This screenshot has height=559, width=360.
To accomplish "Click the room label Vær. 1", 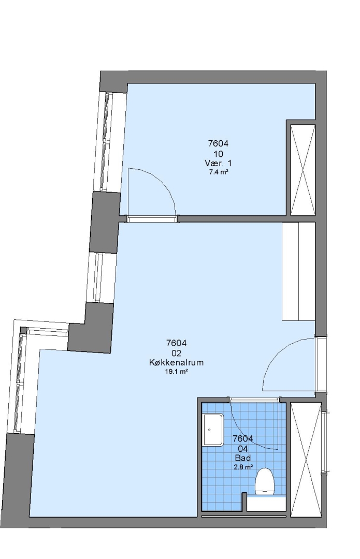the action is coord(218,163).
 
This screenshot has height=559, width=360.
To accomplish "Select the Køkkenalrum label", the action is coord(176,362).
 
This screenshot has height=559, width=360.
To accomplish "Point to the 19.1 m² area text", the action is coord(176,372).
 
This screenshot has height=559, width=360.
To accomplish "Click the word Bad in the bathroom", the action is coord(242,458).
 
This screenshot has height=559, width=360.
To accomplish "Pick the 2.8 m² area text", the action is coord(243,467).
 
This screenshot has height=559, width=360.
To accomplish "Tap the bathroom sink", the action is coord(213,430).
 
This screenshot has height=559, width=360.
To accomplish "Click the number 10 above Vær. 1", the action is coord(219,154).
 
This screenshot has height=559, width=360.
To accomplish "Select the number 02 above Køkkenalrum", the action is coord(176,354).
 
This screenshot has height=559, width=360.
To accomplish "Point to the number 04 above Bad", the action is coord(242,449).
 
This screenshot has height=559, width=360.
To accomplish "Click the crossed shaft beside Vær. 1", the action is coord(303,170).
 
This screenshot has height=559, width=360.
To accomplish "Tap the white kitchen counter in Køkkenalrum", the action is coord(299,271).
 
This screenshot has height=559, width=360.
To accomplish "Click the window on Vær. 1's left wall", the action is coord(106,142).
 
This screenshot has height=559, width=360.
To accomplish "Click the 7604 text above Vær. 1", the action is coord(218,144).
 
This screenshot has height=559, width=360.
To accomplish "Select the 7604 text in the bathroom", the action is coord(242,438).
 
